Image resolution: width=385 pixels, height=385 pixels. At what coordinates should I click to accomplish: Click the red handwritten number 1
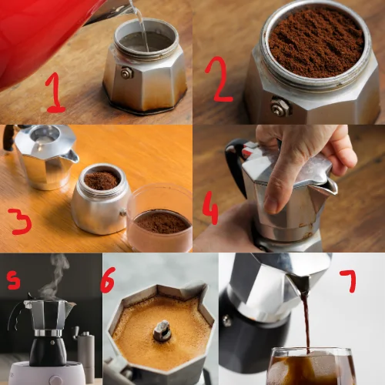click(55, 94)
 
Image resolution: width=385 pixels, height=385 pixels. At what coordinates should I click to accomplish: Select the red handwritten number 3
click(21, 221)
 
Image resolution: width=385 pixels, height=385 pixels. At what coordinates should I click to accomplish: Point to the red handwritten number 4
click(210, 210)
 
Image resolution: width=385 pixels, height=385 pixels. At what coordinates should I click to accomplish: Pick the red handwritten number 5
click(13, 280)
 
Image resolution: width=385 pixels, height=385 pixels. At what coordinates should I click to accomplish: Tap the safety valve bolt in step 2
click(281, 106)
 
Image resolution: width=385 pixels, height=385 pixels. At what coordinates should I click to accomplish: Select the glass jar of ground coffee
click(160, 218)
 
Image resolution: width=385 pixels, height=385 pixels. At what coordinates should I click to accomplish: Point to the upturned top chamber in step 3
click(45, 156)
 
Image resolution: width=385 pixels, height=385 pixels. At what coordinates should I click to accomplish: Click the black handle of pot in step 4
click(235, 164)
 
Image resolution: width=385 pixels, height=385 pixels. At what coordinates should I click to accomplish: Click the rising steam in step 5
click(55, 277)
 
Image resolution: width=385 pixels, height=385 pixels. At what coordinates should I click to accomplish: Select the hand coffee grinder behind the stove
click(85, 352)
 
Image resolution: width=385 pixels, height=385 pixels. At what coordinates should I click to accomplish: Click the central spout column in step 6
click(162, 330)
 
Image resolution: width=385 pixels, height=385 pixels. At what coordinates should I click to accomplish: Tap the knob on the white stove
click(55, 380)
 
